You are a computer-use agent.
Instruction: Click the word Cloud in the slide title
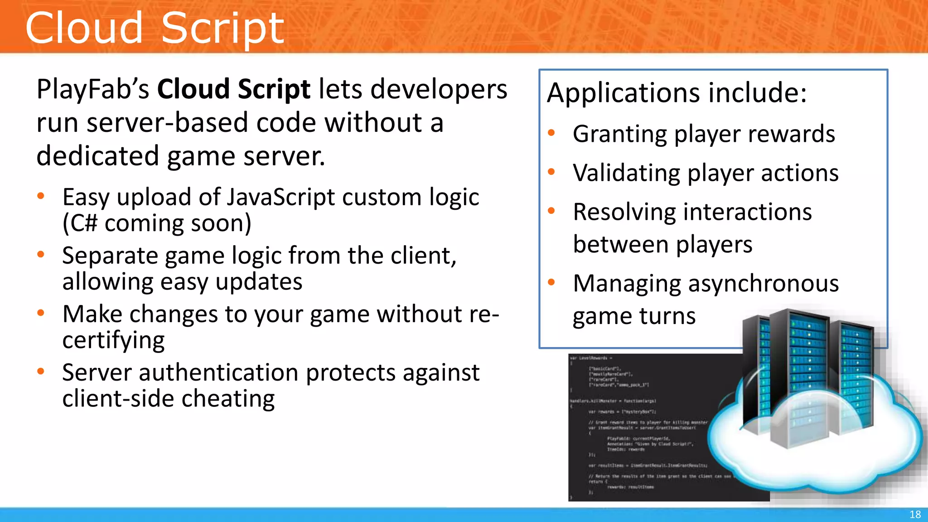pos(84,28)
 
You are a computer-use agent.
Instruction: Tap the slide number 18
pos(915,514)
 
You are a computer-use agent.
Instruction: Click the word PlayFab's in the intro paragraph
pos(92,89)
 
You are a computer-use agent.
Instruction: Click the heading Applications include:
pos(677,93)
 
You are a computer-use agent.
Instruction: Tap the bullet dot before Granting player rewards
pos(551,133)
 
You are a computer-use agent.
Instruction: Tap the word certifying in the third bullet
pos(113,340)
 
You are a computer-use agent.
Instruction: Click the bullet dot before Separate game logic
pos(41,255)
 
